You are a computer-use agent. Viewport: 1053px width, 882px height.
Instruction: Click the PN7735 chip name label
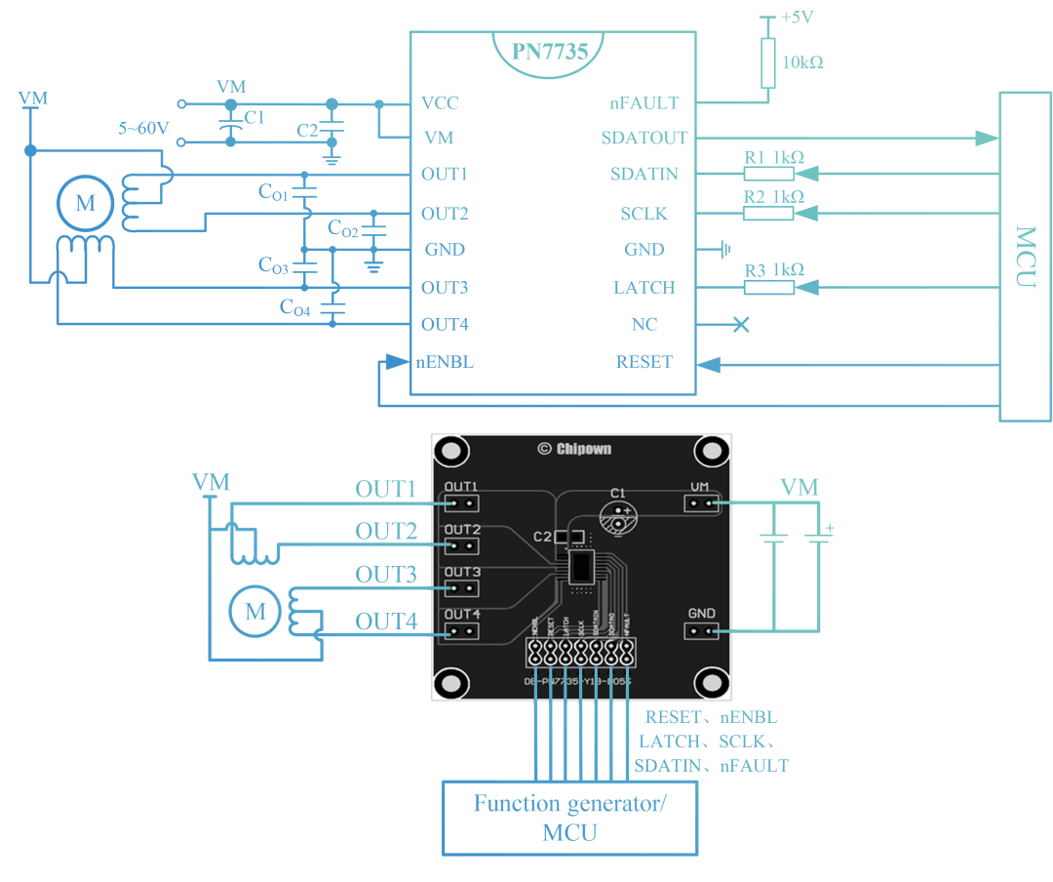tap(551, 51)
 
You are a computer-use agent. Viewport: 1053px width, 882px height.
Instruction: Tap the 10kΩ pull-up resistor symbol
tap(767, 64)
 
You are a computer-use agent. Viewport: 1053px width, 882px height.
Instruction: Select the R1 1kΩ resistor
tap(769, 174)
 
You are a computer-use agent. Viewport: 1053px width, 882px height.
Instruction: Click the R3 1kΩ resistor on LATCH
tap(769, 287)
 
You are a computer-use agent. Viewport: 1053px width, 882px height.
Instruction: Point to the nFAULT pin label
tap(643, 102)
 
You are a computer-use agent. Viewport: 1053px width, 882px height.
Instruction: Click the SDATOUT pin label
tap(643, 138)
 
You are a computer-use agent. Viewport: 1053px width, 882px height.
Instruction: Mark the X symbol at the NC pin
tap(741, 325)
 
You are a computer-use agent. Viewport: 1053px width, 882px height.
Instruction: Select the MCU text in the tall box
tap(1025, 257)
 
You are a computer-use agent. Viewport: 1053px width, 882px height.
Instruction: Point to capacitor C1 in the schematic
tap(231, 125)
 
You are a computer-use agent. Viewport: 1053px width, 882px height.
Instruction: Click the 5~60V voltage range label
tap(143, 128)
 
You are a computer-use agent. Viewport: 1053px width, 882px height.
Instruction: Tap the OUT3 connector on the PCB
tap(463, 588)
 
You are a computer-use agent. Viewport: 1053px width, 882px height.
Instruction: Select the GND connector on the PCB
tap(701, 630)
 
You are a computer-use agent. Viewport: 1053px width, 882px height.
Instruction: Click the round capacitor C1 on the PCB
tap(617, 518)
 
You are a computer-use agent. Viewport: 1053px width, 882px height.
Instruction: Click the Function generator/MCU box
tap(570, 818)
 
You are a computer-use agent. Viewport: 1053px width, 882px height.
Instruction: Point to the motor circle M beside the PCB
tap(255, 611)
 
